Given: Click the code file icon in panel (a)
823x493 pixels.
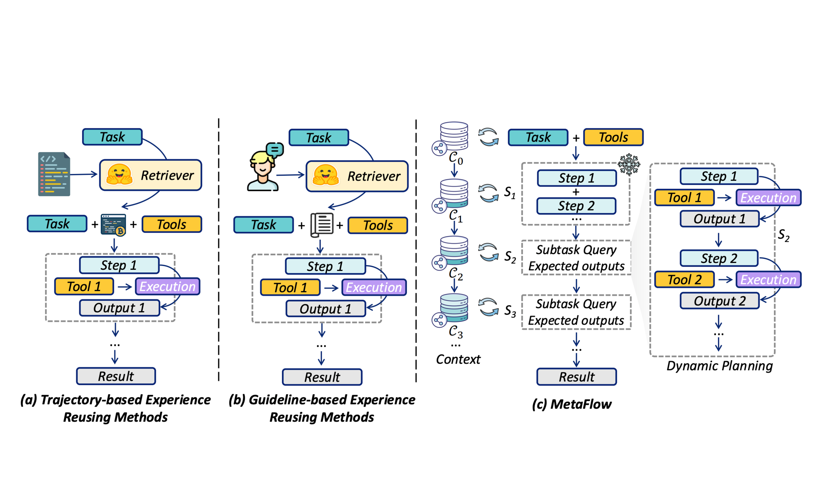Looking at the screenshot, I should [54, 174].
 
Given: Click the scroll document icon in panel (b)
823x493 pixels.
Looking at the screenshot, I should [322, 225].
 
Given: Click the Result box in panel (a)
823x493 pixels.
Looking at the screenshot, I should [116, 376].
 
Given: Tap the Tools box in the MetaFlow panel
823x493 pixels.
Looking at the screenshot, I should [613, 137].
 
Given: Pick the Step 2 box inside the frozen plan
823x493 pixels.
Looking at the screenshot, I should [576, 206].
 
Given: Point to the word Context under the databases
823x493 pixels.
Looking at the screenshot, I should [458, 359].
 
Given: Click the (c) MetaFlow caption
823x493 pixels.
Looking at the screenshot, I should [571, 404].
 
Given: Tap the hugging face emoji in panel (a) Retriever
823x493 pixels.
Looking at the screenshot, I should [119, 174].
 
